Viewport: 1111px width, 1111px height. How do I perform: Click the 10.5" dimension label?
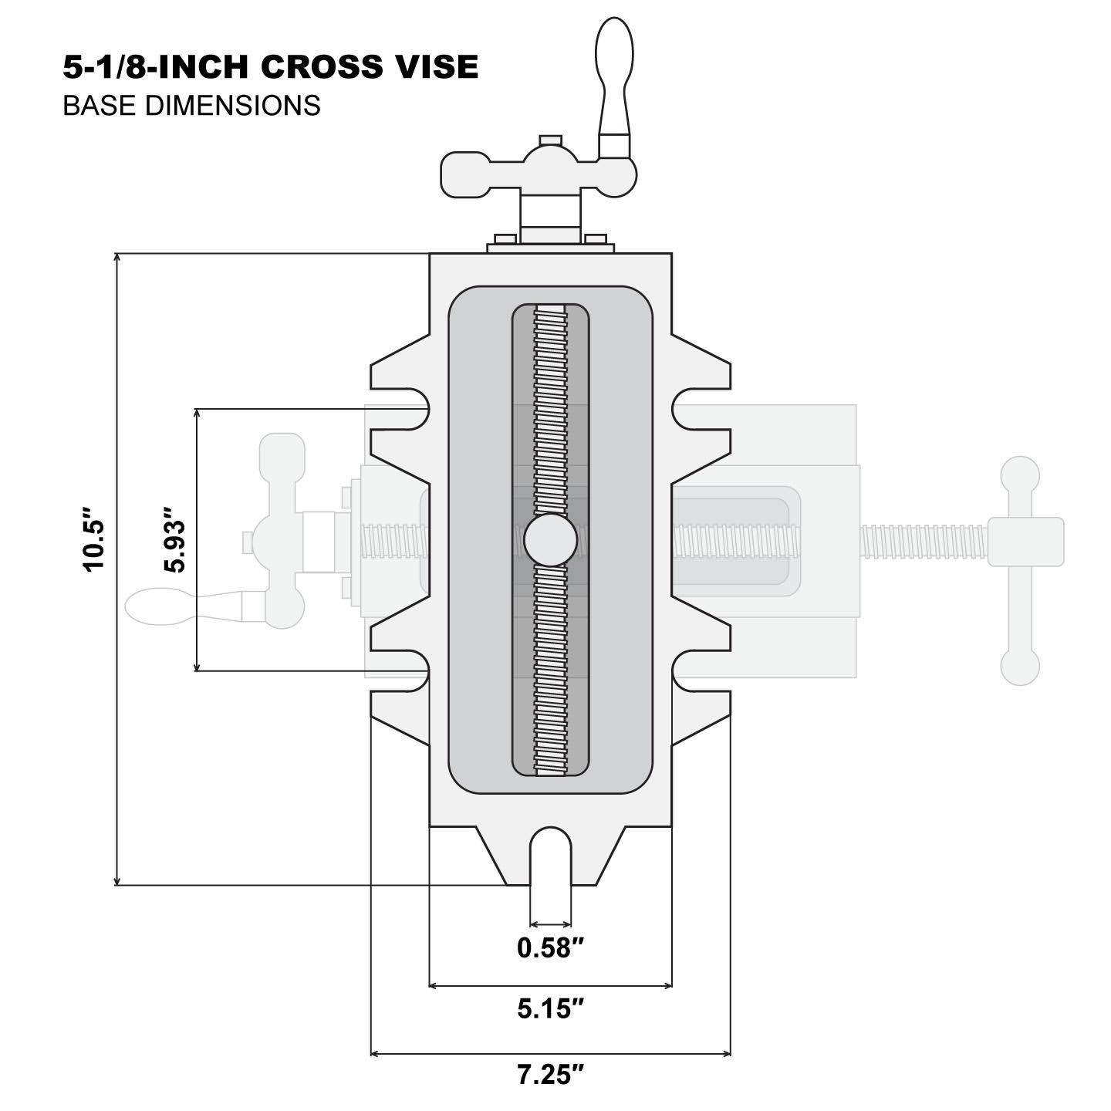(93, 539)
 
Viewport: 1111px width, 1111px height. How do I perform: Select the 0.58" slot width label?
(549, 947)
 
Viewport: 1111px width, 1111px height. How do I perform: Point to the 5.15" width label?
(549, 1008)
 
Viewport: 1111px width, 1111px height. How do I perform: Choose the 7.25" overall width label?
(549, 1075)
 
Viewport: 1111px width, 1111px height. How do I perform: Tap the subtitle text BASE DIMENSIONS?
(191, 105)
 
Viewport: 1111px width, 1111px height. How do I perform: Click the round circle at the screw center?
(550, 540)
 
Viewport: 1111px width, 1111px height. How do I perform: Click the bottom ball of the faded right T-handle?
(1020, 666)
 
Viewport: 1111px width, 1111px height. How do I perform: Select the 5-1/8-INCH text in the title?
(158, 67)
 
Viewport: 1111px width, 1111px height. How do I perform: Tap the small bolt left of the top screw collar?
(504, 239)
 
